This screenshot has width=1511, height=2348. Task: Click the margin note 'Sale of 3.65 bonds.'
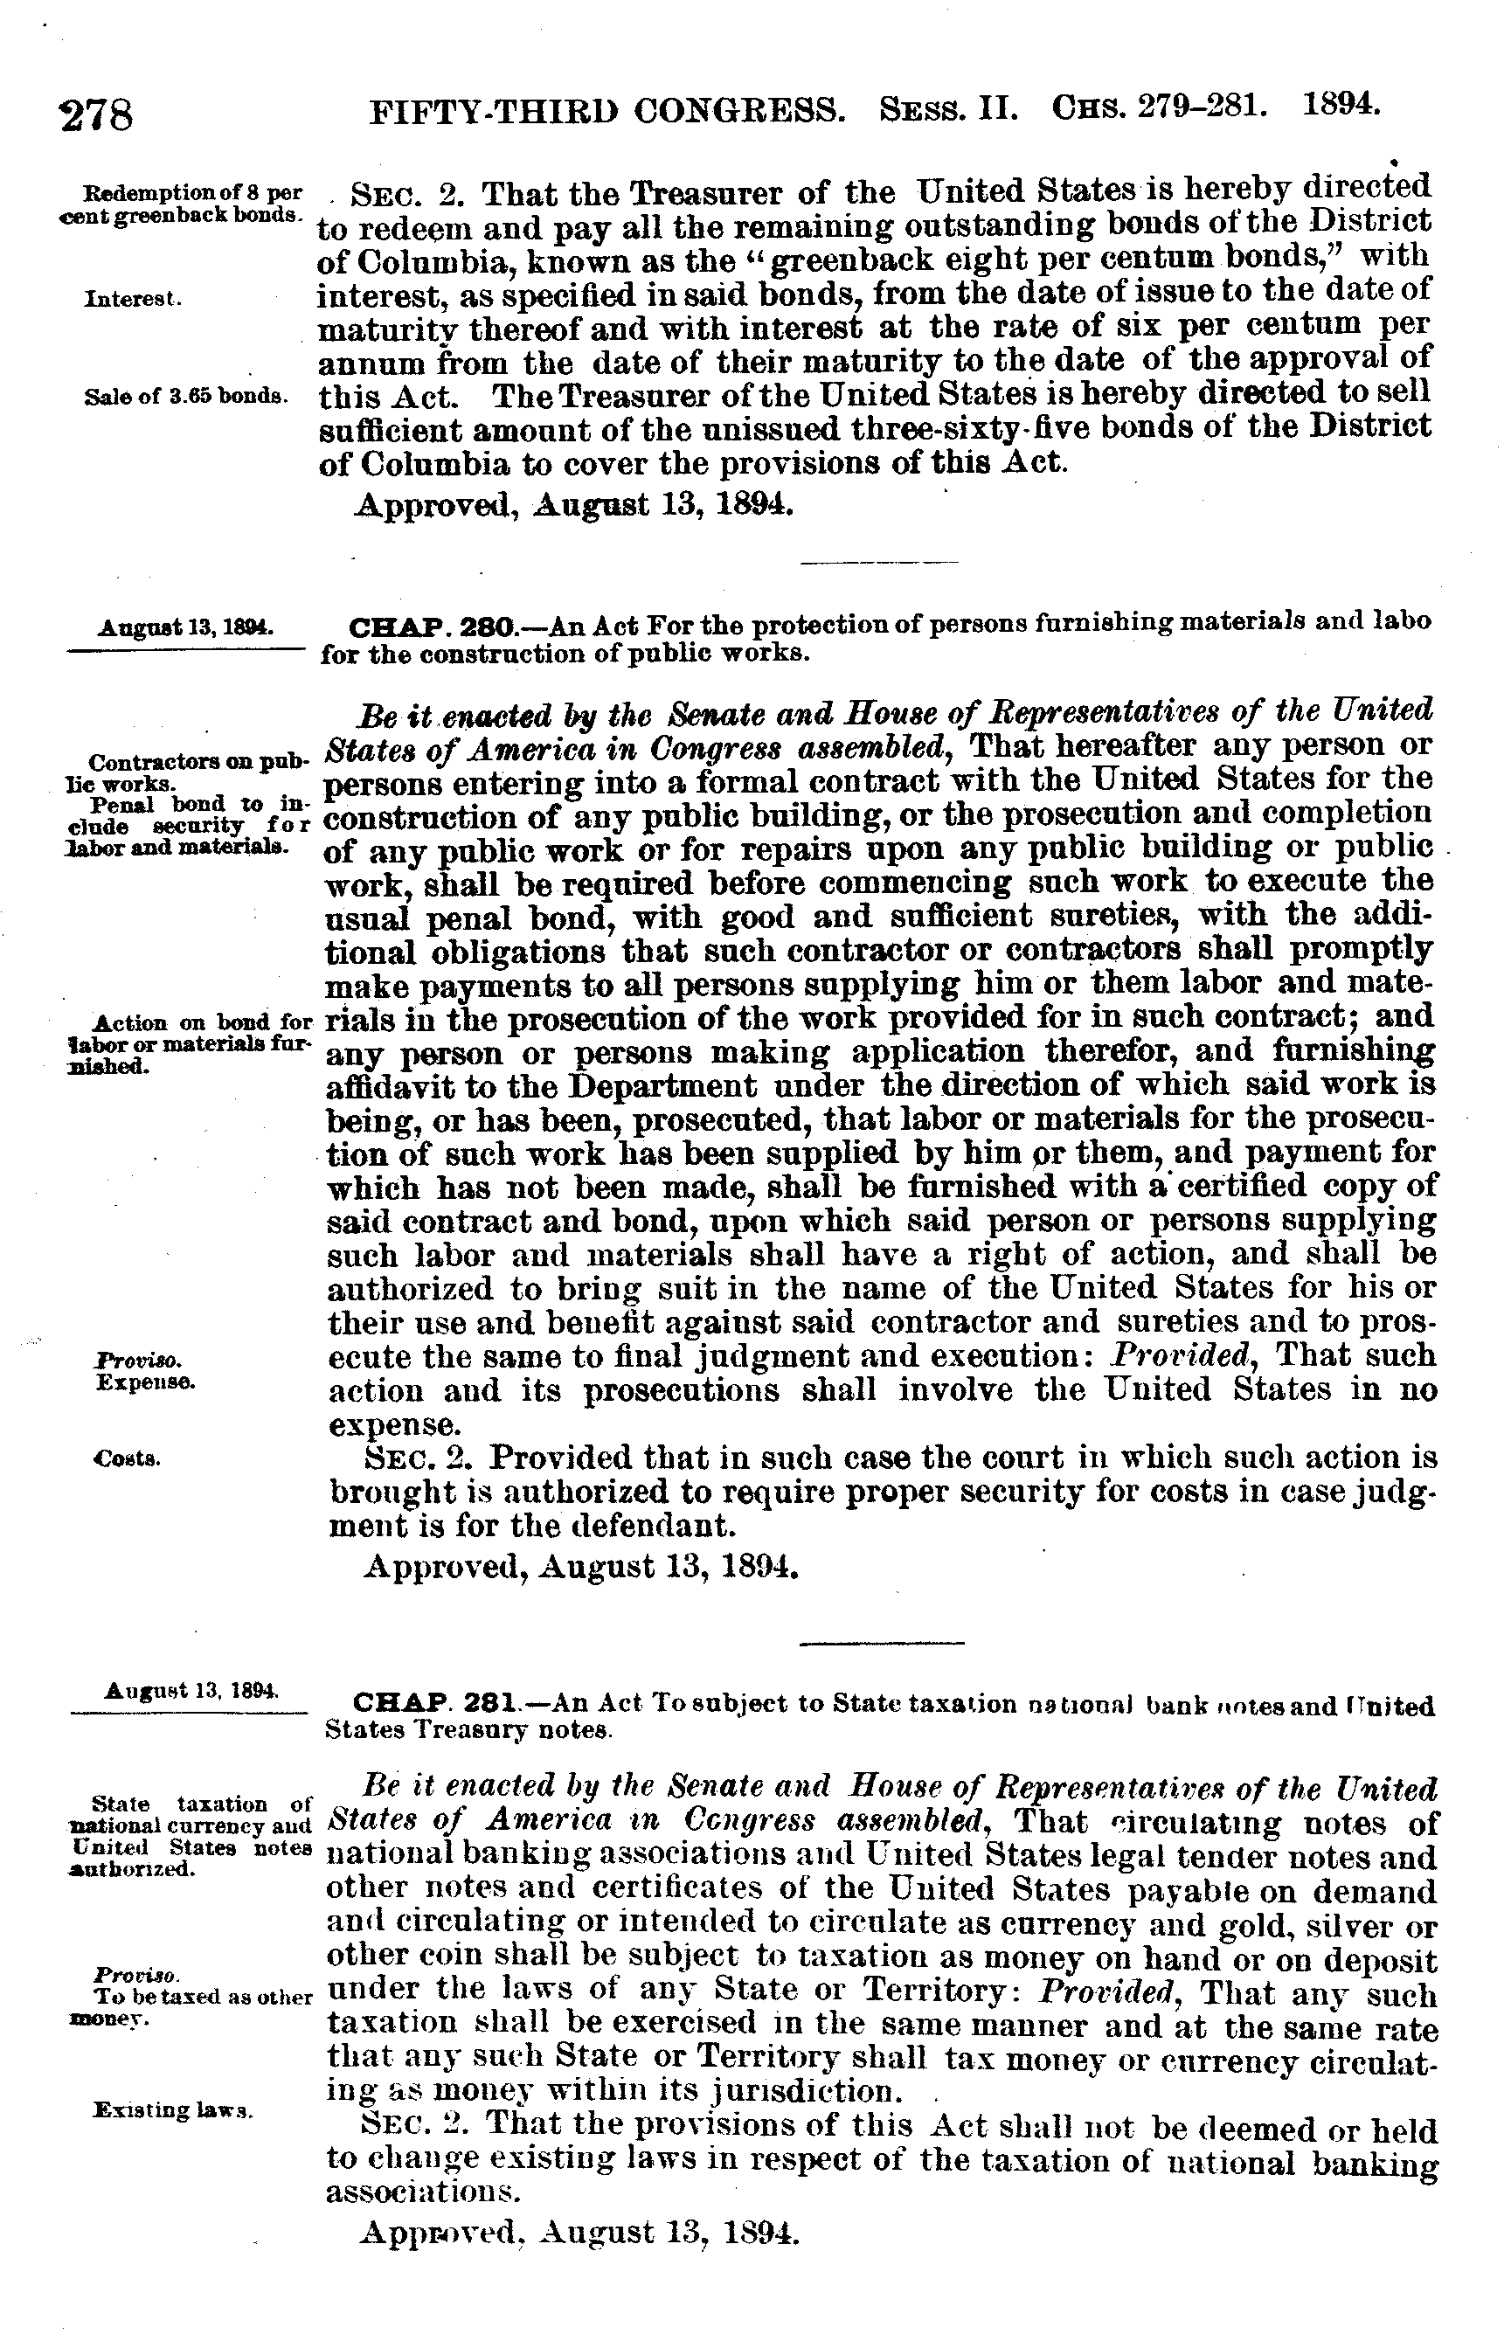point(186,398)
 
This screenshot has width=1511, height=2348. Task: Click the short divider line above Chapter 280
point(879,562)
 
